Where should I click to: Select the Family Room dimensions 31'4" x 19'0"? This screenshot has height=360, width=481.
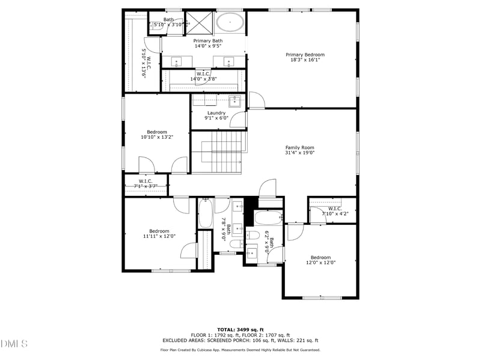point(300,153)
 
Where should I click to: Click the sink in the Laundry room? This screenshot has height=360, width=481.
point(235,100)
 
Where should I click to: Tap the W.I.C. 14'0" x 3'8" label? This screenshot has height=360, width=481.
point(203,76)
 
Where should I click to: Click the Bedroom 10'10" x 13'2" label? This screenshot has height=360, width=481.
point(157,135)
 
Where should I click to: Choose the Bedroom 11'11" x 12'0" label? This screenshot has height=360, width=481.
point(159,234)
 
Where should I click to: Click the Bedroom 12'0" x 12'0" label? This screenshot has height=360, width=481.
point(320,260)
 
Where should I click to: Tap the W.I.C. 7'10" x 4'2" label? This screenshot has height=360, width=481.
point(335,211)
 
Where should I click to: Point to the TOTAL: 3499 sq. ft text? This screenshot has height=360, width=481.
point(240,329)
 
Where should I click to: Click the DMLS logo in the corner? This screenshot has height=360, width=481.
point(14,344)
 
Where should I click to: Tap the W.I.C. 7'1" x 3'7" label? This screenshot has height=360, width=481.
point(146,184)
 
